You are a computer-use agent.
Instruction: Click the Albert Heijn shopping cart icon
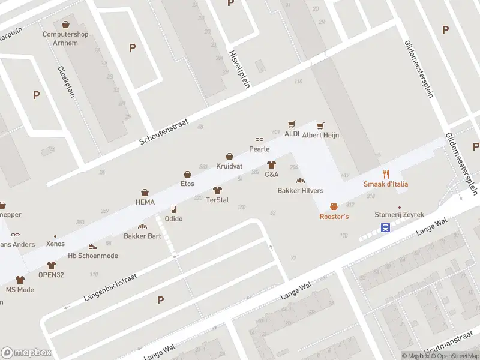(x=321, y=125)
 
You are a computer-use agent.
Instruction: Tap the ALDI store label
(x=292, y=134)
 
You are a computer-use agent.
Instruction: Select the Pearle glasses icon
(x=259, y=140)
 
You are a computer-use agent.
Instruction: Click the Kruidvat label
(x=229, y=165)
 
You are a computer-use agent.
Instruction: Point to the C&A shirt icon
(x=271, y=164)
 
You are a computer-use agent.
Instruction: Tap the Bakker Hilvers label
(x=300, y=191)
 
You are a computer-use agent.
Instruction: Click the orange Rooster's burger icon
(x=334, y=206)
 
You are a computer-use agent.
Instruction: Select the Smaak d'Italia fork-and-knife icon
(x=386, y=174)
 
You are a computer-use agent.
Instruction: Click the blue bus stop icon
(x=385, y=227)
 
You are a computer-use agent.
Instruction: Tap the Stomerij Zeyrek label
(x=399, y=215)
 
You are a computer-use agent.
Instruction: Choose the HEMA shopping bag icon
(x=145, y=192)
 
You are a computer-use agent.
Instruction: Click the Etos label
(x=188, y=184)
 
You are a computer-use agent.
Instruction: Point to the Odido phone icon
(x=173, y=209)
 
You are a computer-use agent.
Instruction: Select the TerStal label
(x=217, y=199)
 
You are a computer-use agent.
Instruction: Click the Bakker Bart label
(x=142, y=236)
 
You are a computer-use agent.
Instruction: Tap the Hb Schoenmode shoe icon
(x=92, y=246)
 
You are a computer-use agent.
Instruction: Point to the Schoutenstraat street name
(x=164, y=131)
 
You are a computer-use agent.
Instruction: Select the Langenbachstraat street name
(x=110, y=287)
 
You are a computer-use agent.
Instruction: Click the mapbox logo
(x=26, y=353)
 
